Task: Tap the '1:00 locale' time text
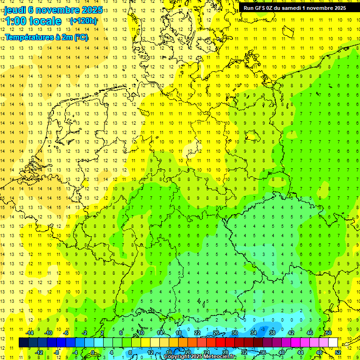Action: pos(33,21)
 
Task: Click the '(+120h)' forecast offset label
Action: pos(83,21)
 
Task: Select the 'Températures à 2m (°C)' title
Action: pos(46,37)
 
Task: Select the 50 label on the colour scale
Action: pos(328,333)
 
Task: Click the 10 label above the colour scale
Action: pos(141,333)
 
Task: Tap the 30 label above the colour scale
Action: pos(235,333)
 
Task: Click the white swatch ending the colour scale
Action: pos(333,343)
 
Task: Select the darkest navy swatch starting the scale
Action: pos(23,343)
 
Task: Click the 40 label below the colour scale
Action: pos(282,352)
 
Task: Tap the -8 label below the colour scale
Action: pos(57,352)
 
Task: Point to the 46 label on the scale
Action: pos(310,333)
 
